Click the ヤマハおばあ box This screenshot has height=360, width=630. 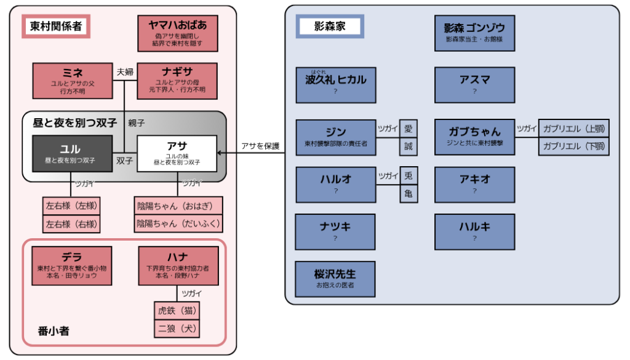178,33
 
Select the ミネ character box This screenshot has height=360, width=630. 73,81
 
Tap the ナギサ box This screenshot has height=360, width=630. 177,81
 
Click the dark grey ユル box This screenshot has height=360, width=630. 73,153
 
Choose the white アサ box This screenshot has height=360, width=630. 177,153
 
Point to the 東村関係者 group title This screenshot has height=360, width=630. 56,26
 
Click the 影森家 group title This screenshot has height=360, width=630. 330,26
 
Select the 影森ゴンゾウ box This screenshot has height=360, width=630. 474,33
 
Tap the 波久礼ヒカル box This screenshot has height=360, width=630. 336,85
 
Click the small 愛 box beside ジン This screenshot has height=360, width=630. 409,129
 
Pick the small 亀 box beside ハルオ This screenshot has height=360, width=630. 409,194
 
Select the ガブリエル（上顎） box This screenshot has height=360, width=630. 574,129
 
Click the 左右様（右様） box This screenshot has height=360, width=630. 71,224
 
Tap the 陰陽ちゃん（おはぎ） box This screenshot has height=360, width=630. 178,206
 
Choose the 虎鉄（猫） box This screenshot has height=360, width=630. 177,311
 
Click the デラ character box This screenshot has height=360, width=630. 72,266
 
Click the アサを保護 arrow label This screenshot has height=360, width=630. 260,146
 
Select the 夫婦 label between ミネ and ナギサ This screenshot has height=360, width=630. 125,72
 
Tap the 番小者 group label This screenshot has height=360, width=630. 54,331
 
